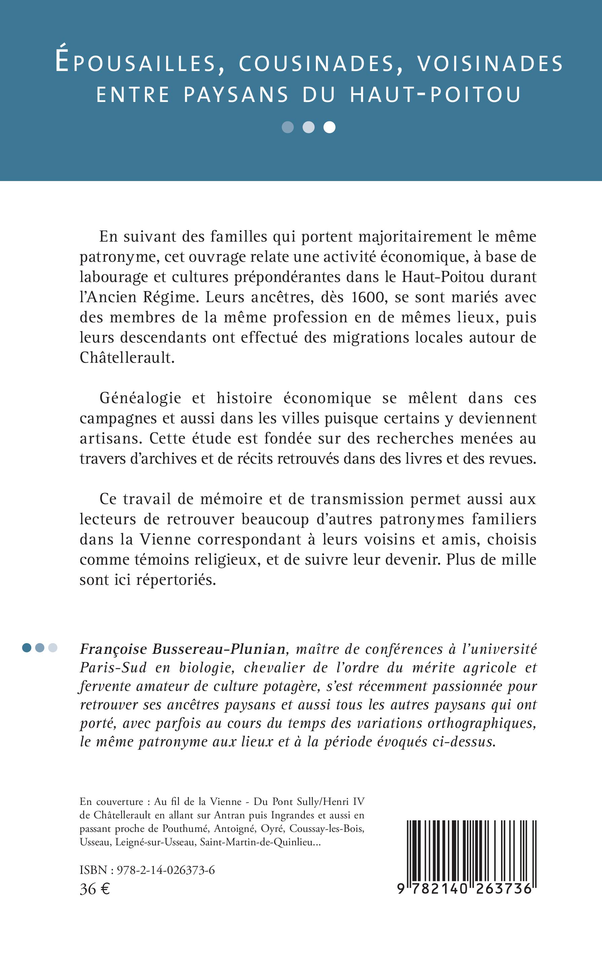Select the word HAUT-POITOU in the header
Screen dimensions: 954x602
436,95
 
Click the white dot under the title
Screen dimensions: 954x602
329,127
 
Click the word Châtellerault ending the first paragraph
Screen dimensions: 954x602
127,358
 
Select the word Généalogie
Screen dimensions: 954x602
140,398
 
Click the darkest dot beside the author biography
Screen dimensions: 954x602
27,648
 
